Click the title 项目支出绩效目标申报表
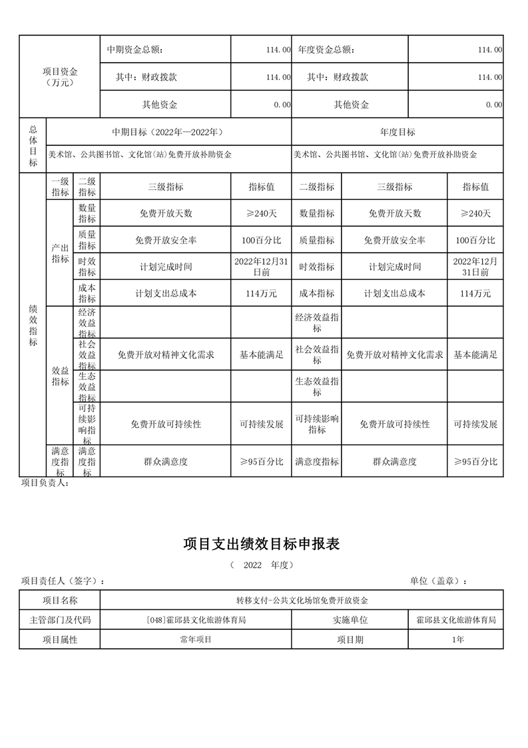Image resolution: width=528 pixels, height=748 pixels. (x=262, y=544)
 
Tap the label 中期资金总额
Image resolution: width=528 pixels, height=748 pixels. (x=134, y=49)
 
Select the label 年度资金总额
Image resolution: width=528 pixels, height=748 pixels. (x=326, y=49)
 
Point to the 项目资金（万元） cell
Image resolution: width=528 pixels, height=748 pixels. (x=59, y=77)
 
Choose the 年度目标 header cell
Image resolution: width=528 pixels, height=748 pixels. (x=397, y=132)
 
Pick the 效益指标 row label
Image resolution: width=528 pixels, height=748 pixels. (x=60, y=376)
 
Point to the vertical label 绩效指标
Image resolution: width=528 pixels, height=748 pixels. (x=33, y=325)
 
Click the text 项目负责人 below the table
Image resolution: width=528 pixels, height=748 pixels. (x=45, y=483)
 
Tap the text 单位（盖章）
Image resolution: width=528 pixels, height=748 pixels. (x=438, y=581)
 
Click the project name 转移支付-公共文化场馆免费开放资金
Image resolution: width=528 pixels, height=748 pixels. (x=301, y=600)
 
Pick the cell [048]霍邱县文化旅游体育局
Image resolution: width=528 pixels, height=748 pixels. (x=195, y=619)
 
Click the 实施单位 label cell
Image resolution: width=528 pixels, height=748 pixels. (x=350, y=619)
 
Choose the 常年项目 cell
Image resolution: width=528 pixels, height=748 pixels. (x=195, y=639)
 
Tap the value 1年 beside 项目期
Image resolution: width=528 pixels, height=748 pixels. (x=455, y=639)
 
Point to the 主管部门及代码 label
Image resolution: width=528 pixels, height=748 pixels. (x=60, y=619)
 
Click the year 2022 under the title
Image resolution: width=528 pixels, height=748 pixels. (x=253, y=565)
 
